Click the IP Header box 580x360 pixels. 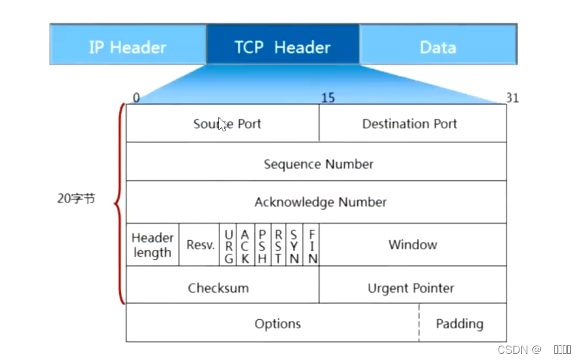128,47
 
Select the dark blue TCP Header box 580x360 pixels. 282,47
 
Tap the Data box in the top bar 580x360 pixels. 438,47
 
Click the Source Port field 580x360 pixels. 227,123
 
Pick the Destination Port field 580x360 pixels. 409,123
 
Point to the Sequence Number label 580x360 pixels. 318,164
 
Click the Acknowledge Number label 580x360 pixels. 320,202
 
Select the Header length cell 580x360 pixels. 152,244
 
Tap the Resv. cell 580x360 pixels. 200,245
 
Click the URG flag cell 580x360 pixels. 229,246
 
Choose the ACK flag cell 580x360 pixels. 245,246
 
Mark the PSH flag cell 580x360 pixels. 262,246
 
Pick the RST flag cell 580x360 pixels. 278,246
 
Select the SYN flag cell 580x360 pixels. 295,246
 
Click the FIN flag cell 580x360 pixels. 312,246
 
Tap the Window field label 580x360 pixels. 413,244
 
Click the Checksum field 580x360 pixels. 218,288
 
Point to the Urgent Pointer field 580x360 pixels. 411,288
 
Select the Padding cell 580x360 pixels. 459,323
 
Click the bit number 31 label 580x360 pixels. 512,98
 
